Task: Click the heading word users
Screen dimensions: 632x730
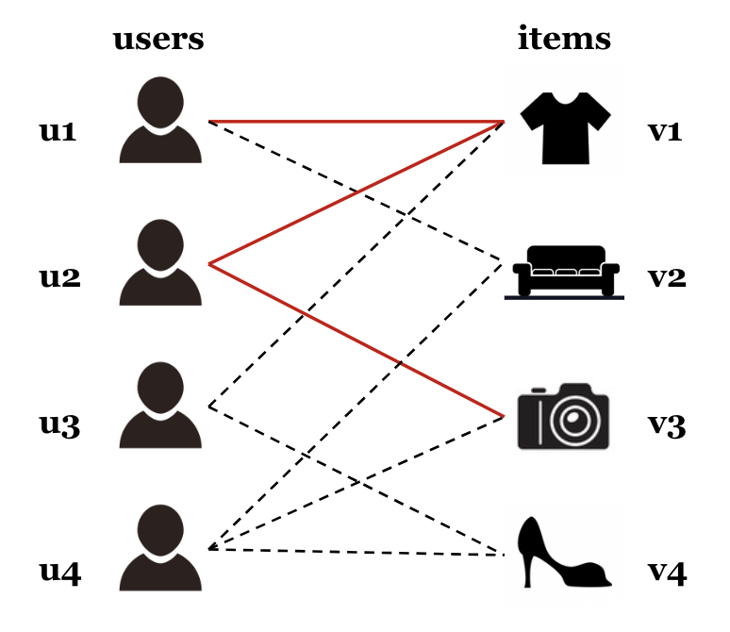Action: point(158,39)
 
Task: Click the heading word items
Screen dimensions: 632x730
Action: point(564,39)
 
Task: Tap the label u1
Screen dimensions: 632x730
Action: point(58,131)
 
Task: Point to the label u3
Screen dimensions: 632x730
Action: point(58,425)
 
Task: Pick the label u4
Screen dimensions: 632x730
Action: point(58,571)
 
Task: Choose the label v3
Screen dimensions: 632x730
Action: point(666,425)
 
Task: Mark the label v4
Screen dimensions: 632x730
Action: point(667,571)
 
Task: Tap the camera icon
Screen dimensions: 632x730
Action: point(565,417)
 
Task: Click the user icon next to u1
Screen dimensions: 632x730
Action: point(160,121)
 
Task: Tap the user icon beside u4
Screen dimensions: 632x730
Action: point(160,548)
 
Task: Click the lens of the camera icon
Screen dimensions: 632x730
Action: point(574,421)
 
